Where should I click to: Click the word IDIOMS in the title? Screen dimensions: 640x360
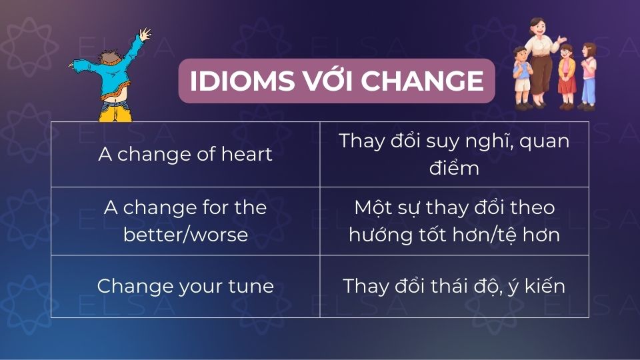pos(242,81)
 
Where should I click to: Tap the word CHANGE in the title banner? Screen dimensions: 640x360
pos(423,81)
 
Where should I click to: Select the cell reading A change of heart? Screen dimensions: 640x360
pos(185,154)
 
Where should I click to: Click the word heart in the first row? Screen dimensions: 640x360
pos(247,154)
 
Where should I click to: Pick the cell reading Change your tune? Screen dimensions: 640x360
pos(185,286)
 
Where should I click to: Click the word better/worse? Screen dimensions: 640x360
pos(186,235)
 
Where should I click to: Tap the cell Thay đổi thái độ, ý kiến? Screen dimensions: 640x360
pos(454,286)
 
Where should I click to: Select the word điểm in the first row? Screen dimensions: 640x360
pos(454,168)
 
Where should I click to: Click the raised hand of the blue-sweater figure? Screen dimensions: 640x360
pos(145,34)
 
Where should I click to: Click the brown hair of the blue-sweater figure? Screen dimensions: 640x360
pos(109,56)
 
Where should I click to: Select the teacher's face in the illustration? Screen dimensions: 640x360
pos(538,28)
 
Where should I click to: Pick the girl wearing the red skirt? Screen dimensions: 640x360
pos(567,77)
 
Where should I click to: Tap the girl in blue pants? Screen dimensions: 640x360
pos(588,77)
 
